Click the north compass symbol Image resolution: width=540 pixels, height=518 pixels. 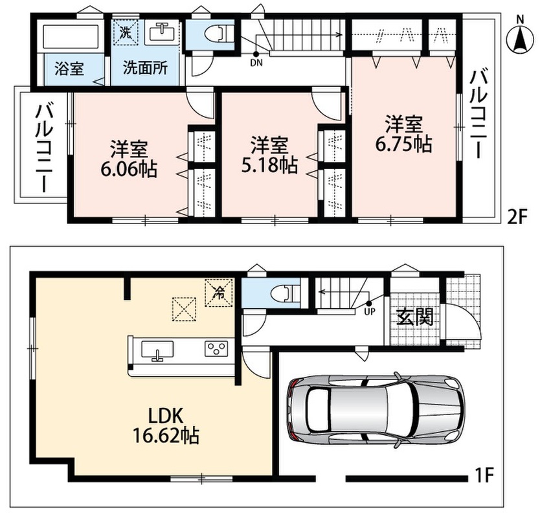[x=520, y=36]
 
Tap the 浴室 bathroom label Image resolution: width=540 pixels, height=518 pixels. [x=69, y=69]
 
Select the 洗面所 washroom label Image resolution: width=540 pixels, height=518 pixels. [x=145, y=68]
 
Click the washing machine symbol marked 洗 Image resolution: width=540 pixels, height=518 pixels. [x=126, y=32]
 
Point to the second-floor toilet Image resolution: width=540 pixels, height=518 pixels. [x=219, y=34]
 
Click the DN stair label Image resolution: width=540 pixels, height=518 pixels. [x=256, y=63]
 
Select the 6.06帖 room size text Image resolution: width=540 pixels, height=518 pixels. [x=128, y=170]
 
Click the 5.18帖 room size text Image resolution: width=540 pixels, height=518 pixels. [x=269, y=165]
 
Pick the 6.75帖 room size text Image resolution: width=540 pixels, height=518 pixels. [x=403, y=144]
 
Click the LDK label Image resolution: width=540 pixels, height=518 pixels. [x=165, y=416]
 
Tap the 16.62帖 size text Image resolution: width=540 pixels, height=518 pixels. [x=166, y=436]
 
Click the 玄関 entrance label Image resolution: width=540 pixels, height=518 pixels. [x=414, y=317]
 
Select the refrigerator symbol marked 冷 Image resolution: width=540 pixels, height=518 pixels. [x=219, y=293]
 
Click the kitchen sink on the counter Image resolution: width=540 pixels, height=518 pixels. [x=157, y=350]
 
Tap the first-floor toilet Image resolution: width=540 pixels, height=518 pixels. [x=286, y=293]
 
